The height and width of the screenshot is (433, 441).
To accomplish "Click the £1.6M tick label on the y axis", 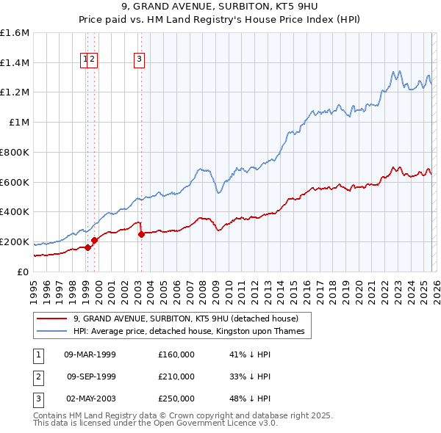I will pyautogui.click(x=15, y=33).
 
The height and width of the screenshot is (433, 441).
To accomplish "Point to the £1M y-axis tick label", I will pyautogui.click(x=19, y=123).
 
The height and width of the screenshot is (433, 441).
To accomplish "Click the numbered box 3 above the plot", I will pyautogui.click(x=140, y=61).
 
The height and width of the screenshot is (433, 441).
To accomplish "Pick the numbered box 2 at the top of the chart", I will pyautogui.click(x=93, y=61).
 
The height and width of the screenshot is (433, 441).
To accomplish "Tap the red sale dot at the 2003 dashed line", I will pyautogui.click(x=141, y=234).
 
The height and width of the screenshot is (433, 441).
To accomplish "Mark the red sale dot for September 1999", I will pyautogui.click(x=94, y=240).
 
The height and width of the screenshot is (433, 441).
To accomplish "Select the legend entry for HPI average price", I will pyautogui.click(x=193, y=331).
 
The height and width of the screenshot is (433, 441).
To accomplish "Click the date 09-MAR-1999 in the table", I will pyautogui.click(x=90, y=354).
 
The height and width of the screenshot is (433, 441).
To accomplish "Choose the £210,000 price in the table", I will pyautogui.click(x=176, y=376).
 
